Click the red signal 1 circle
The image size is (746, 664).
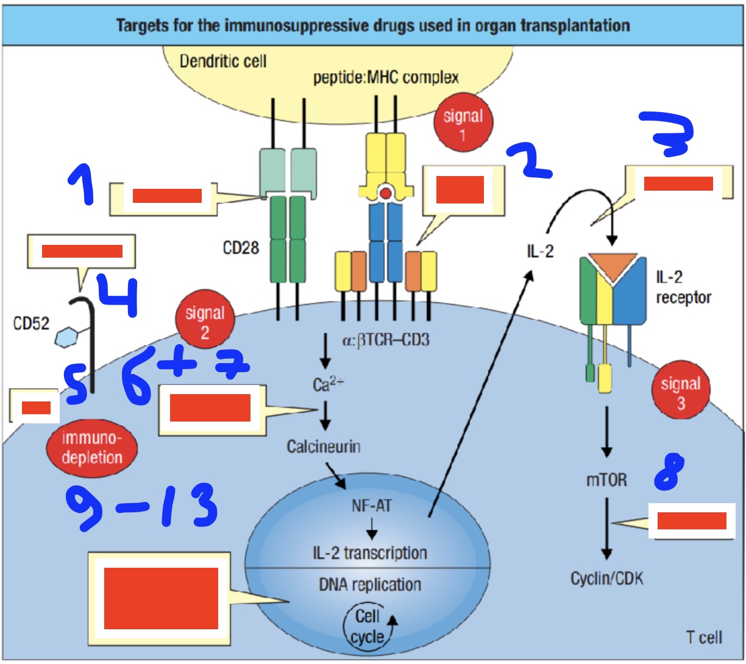coord(463,125)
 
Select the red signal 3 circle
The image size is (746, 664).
coord(680,393)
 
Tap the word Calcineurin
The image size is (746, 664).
coord(324,447)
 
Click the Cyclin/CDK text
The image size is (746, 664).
coord(606,578)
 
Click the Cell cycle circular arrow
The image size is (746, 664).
coord(368,627)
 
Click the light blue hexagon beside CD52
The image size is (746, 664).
coord(65,337)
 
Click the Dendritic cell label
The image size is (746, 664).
coord(223,62)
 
